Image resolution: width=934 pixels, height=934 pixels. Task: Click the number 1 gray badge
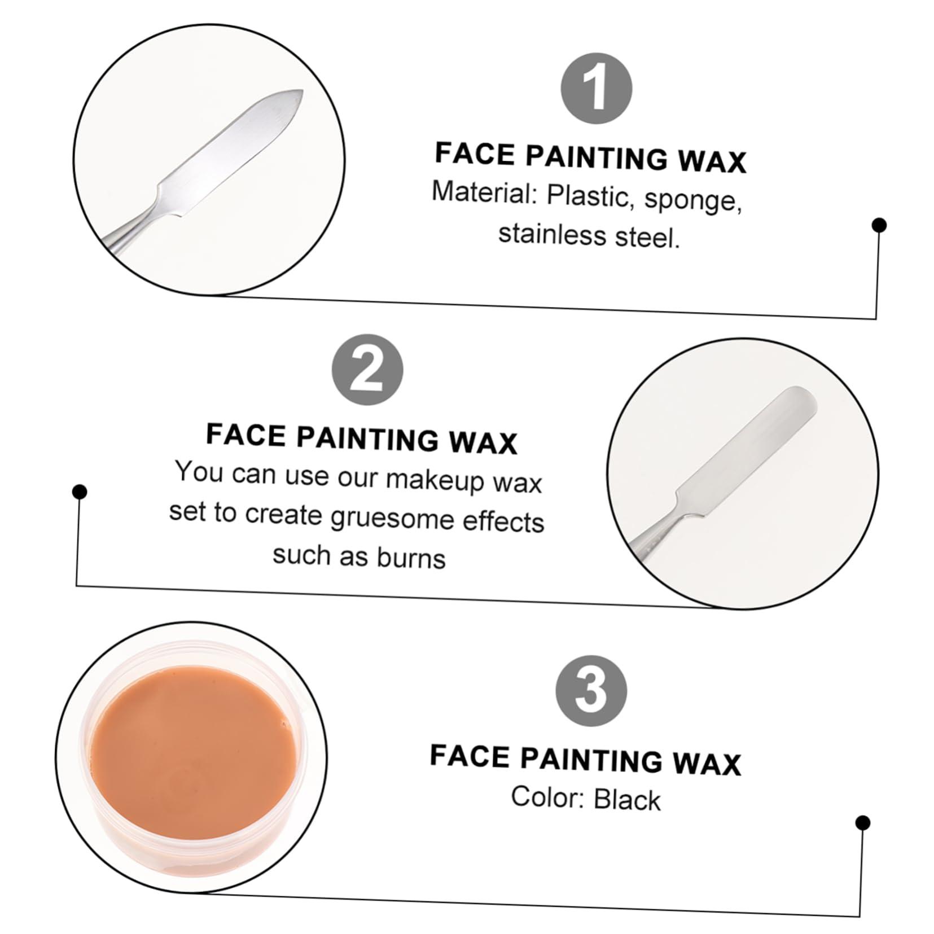pyautogui.click(x=596, y=89)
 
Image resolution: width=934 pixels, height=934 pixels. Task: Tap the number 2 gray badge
pyautogui.click(x=367, y=370)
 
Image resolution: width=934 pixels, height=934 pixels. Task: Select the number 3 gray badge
pyautogui.click(x=591, y=690)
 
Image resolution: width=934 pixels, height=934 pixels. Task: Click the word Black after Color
pyautogui.click(x=626, y=800)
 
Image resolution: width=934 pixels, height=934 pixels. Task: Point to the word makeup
pyautogui.click(x=435, y=480)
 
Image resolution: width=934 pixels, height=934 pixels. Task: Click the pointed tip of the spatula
pyautogui.click(x=301, y=92)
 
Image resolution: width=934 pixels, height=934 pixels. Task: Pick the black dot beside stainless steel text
pyautogui.click(x=879, y=225)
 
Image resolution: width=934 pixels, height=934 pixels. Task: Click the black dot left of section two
pyautogui.click(x=80, y=492)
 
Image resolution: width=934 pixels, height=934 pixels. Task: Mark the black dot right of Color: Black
pyautogui.click(x=862, y=823)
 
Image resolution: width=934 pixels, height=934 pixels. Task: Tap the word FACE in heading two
pyautogui.click(x=245, y=435)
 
